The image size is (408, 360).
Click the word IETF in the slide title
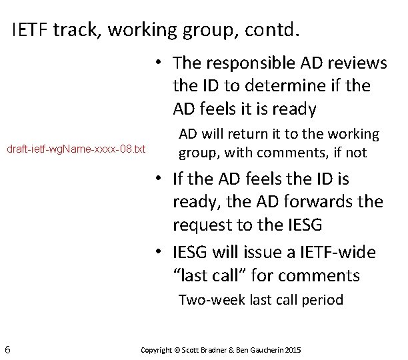tap(29, 31)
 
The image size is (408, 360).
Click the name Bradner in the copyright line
tap(213, 349)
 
